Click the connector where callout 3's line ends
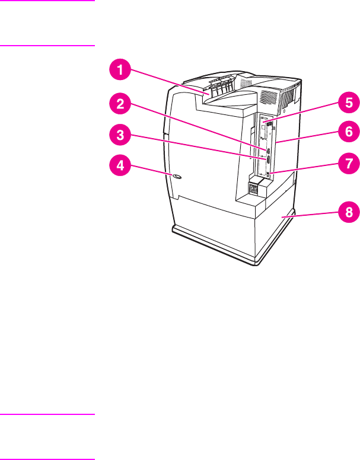269,160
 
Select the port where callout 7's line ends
269,173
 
